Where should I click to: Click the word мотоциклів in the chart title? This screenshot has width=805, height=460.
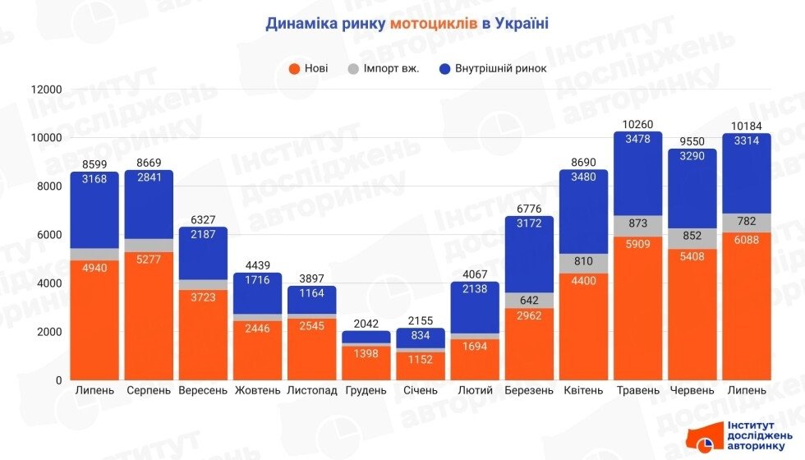click(x=434, y=23)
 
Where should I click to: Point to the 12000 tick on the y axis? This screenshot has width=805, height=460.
click(x=46, y=90)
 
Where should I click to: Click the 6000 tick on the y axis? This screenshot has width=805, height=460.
click(x=48, y=235)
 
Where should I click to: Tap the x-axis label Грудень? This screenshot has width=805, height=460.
click(x=366, y=390)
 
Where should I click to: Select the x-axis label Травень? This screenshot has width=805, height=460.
click(x=637, y=390)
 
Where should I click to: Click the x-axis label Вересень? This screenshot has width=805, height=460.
click(x=203, y=390)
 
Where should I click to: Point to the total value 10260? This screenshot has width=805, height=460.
click(x=637, y=124)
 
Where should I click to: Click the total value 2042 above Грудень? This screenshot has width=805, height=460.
click(x=366, y=324)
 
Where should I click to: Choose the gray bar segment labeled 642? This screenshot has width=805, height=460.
click(x=529, y=300)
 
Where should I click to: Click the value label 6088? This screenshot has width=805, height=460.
click(x=746, y=241)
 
